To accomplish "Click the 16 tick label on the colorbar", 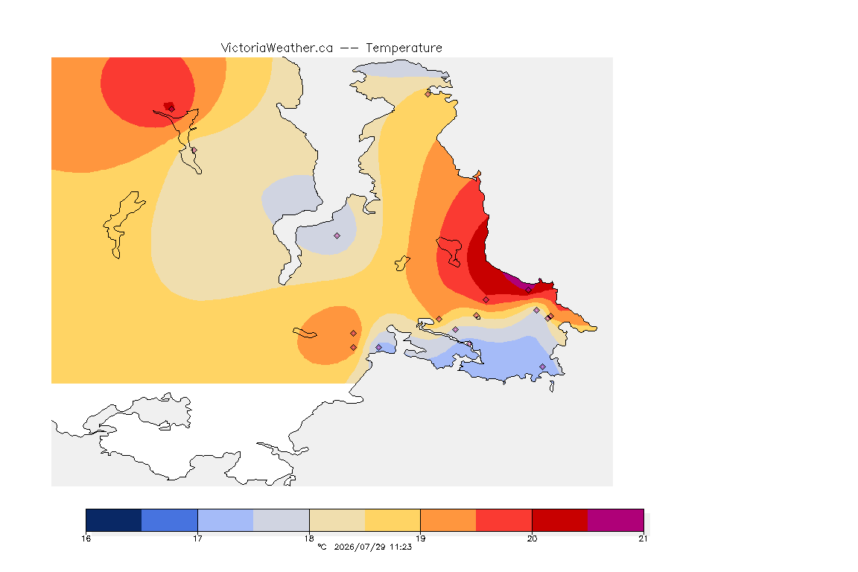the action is (86, 538).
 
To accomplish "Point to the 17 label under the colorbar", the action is (197, 538).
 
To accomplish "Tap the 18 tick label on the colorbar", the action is (309, 538).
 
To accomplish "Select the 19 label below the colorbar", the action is (420, 538).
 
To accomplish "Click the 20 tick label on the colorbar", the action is (532, 538).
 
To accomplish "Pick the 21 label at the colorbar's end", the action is (643, 538).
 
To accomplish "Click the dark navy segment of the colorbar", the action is (114, 520).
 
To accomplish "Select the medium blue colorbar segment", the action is (170, 520).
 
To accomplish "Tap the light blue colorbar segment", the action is (226, 520).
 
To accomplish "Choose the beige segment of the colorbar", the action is (337, 520).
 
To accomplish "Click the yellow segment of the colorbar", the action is (393, 520).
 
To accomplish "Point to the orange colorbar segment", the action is (448, 520).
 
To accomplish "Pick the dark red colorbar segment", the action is (560, 520).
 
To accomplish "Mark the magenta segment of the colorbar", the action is (616, 520).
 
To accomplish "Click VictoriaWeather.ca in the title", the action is (277, 48).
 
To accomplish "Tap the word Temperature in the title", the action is (404, 48).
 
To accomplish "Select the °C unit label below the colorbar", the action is (322, 547).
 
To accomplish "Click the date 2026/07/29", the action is (360, 547).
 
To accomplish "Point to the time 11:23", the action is (401, 547).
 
